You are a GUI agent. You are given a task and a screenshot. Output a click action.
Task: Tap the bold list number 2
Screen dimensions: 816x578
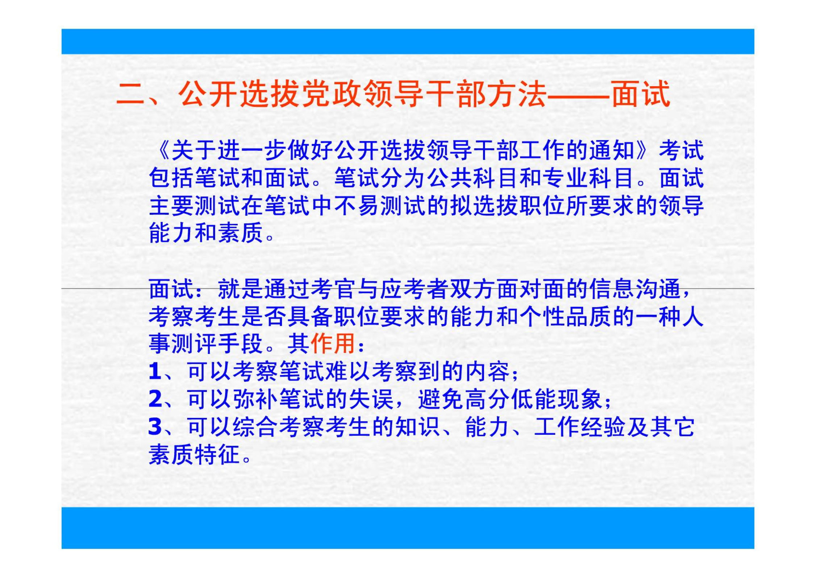pos(155,399)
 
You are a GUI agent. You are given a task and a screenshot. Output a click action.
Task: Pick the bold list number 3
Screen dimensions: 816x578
pos(155,427)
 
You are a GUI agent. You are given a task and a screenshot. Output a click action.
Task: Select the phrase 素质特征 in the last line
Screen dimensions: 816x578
pos(195,454)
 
